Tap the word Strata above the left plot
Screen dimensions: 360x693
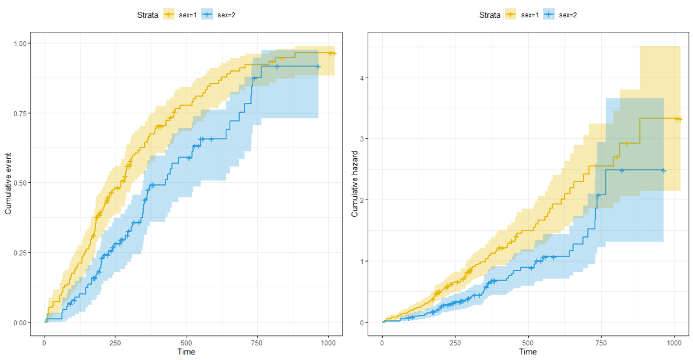pos(148,15)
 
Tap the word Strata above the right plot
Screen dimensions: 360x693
pos(490,15)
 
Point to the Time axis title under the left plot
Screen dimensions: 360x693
pos(186,352)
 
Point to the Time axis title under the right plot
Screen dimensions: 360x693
pos(528,352)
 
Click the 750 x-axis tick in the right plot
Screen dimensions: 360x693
pos(601,342)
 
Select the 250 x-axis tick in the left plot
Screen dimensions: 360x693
pos(116,342)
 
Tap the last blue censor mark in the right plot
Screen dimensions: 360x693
pos(663,170)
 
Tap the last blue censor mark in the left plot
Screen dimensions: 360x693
pos(318,67)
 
